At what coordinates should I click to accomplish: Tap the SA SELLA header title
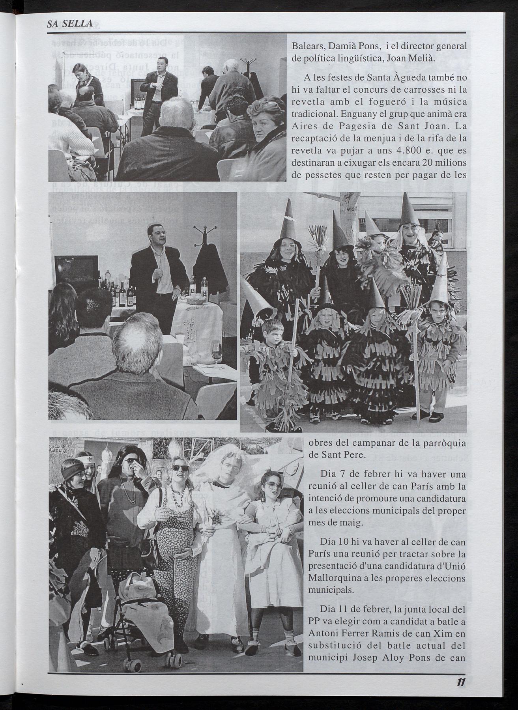69,25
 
